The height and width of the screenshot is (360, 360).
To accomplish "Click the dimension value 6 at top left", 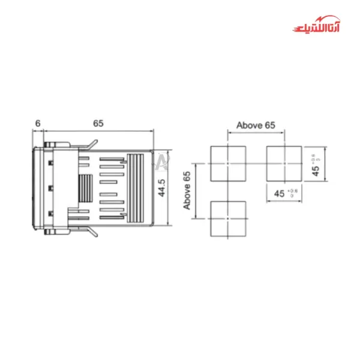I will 37,123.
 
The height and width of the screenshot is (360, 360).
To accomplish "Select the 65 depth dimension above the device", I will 98,123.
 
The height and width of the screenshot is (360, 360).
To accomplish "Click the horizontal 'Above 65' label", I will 256,125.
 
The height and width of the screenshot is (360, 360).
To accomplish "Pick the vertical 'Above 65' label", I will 187,190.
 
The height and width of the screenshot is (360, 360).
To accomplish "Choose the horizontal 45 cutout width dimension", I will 279,193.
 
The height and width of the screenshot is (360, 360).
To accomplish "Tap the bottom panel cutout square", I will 228,219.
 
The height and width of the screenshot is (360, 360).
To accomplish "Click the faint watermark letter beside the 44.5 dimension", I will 162,161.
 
